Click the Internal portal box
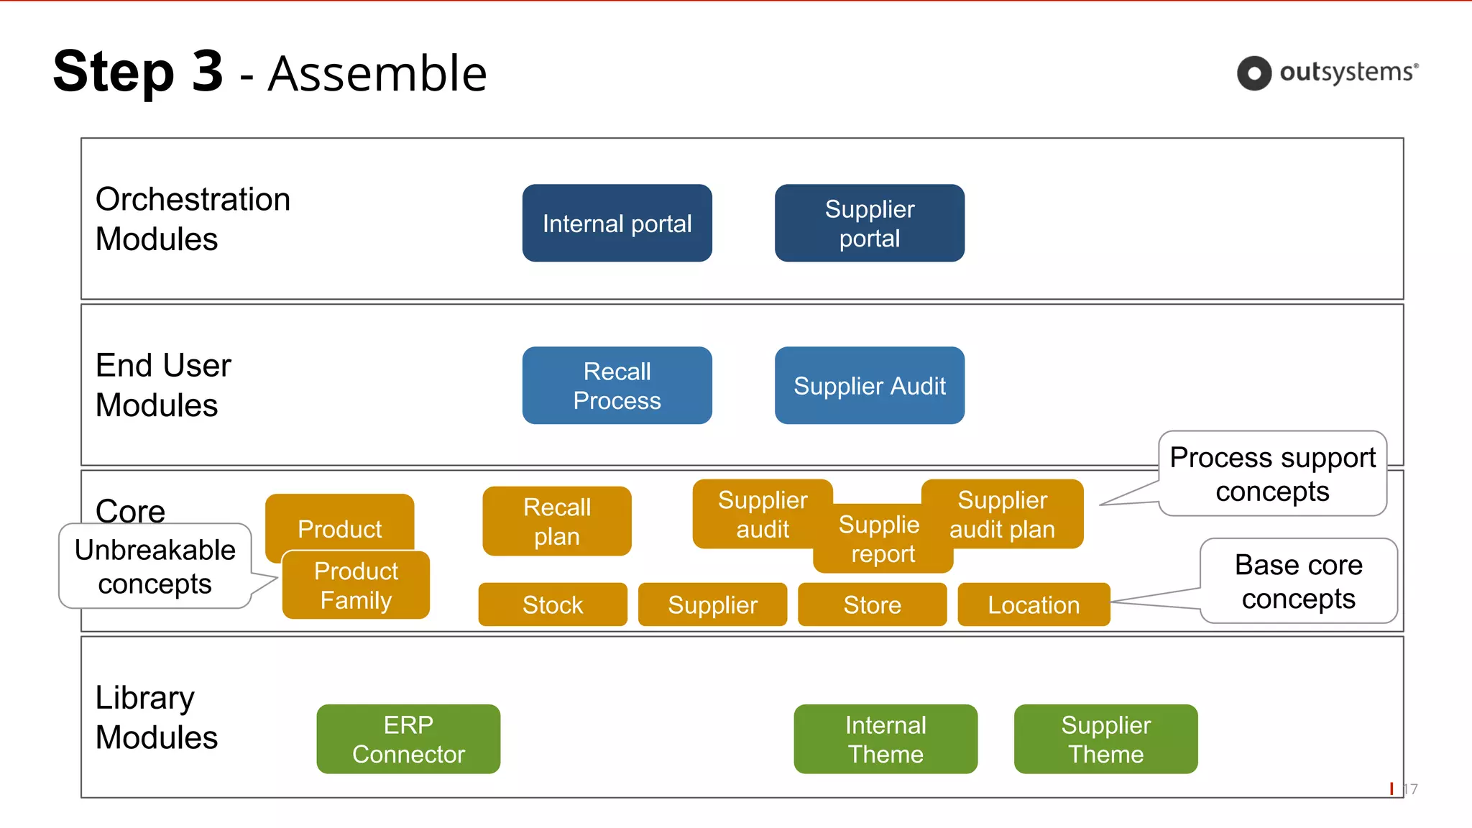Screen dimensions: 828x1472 [x=617, y=223]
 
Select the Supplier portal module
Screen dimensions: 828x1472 [x=869, y=223]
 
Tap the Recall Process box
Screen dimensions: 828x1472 [x=617, y=385]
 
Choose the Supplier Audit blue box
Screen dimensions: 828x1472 [x=869, y=385]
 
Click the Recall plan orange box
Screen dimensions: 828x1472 [x=556, y=521]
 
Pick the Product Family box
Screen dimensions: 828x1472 [x=356, y=586]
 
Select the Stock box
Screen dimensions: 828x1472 [x=552, y=604]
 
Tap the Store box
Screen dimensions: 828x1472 [x=872, y=604]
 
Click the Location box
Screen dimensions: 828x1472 [x=1033, y=604]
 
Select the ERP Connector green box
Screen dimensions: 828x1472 [x=408, y=739]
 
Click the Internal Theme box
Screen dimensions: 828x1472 [x=885, y=739]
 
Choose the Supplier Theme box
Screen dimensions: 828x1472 [x=1105, y=739]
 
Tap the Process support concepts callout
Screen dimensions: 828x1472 [x=1272, y=474]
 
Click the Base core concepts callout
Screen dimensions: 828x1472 [x=1298, y=581]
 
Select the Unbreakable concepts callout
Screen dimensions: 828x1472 [x=155, y=566]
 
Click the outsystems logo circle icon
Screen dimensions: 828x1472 [x=1254, y=73]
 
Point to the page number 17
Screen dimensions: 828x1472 [x=1410, y=789]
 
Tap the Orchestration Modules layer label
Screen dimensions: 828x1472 [x=193, y=218]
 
